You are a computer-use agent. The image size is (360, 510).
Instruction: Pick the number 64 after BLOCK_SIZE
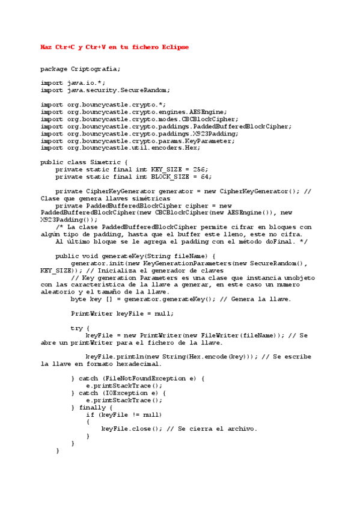coord(205,177)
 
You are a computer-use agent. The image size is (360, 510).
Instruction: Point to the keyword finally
coord(92,407)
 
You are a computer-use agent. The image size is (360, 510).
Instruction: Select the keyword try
coord(76,328)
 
